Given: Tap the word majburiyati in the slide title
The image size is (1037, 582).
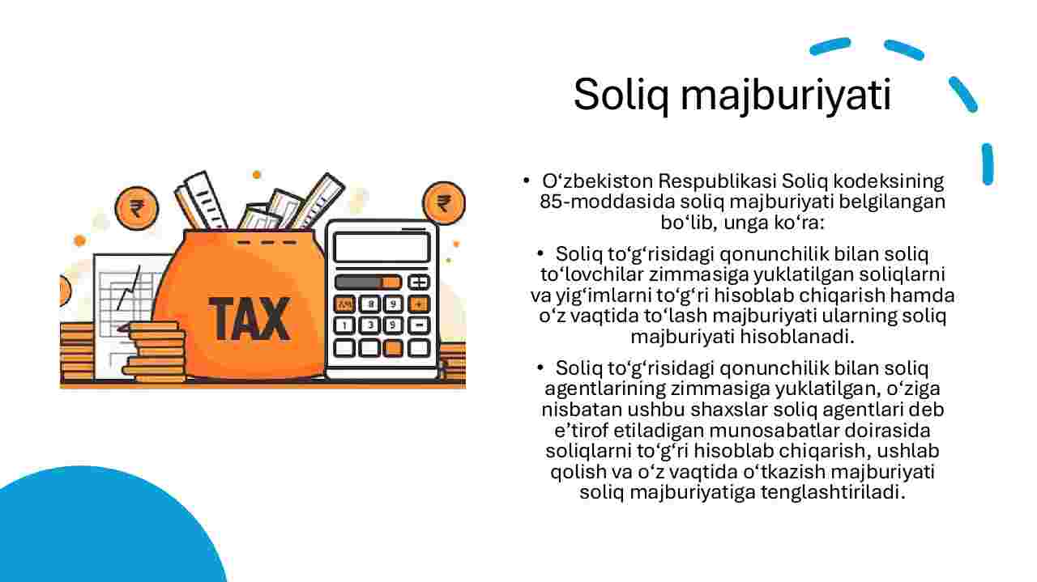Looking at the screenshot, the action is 786,96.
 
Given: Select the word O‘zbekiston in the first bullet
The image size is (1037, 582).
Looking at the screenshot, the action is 597,181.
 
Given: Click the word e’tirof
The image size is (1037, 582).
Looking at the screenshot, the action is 582,431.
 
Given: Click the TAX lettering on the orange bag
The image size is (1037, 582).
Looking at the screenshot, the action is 250,319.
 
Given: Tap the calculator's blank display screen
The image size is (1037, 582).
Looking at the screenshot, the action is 382,248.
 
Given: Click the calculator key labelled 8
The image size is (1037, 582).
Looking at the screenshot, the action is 370,304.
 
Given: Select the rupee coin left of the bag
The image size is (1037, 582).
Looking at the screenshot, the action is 137,209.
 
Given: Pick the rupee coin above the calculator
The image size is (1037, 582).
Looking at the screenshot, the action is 444,203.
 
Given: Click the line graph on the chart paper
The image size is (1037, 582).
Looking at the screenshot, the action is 128,289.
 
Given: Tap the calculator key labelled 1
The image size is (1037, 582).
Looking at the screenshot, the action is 344,325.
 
